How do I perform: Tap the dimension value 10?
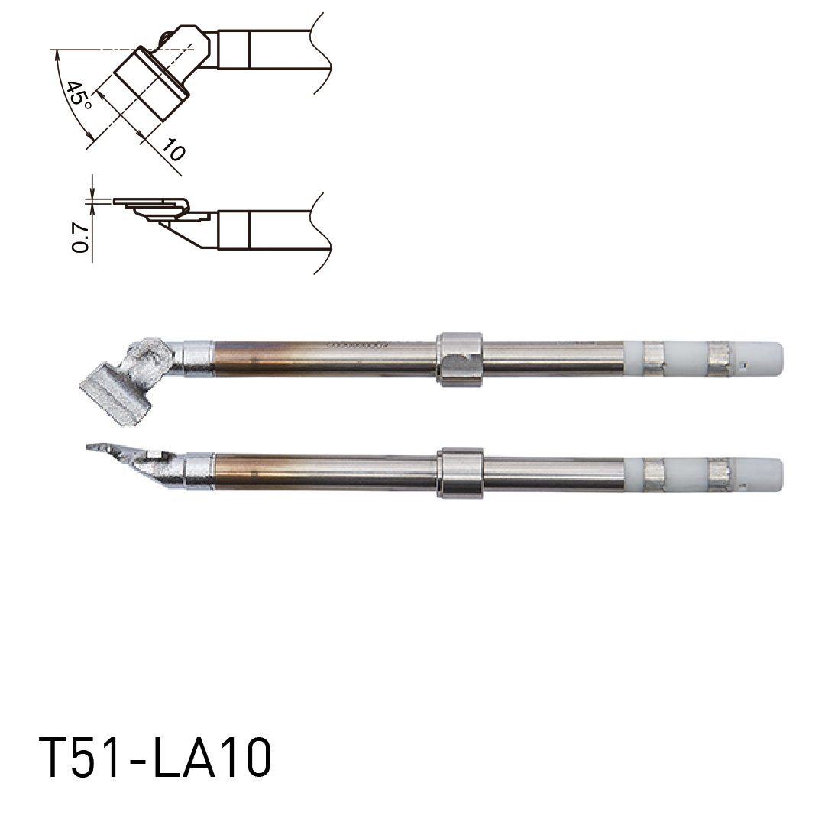[x=173, y=151]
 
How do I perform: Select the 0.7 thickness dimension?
[x=78, y=238]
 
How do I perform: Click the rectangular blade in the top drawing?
[x=150, y=84]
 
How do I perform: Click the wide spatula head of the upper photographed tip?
[x=115, y=389]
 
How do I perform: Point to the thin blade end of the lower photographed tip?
[x=103, y=448]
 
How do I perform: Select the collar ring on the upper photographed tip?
[x=460, y=358]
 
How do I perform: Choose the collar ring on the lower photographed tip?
[x=460, y=473]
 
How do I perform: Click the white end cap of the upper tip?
[x=764, y=358]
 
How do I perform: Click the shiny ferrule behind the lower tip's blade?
[x=199, y=471]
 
